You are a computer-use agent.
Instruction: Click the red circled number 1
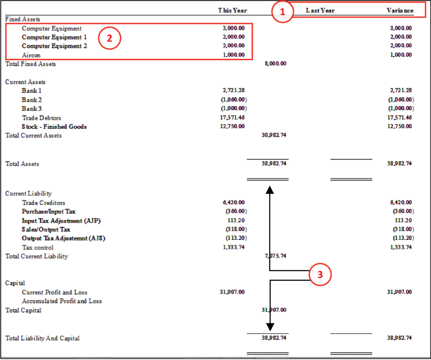pos(282,12)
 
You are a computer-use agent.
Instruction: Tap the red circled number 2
pos(110,38)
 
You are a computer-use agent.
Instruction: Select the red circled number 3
pos(320,274)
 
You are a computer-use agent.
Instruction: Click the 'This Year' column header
pos(233,10)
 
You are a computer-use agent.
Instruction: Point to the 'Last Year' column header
pos(320,10)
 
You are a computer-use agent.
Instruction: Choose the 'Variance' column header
pos(400,10)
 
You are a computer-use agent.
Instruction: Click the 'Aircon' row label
pos(31,55)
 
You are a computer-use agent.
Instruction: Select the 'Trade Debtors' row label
pos(42,118)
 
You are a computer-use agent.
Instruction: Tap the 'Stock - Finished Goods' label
pos(54,126)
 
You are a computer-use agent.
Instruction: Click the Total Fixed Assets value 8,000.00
pos(276,63)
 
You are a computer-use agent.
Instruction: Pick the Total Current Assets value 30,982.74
pos(274,135)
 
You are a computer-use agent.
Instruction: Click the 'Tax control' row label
pos(38,247)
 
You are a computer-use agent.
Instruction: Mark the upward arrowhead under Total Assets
pos(270,190)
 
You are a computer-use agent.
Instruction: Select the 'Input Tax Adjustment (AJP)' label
pos(61,221)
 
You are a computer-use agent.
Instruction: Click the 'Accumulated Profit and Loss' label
pos(62,301)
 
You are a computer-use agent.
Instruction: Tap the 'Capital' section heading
pos(15,283)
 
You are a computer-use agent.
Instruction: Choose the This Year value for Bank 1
pos(233,90)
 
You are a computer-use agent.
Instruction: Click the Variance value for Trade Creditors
pos(401,202)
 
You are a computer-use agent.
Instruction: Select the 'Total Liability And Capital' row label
pos(42,338)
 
